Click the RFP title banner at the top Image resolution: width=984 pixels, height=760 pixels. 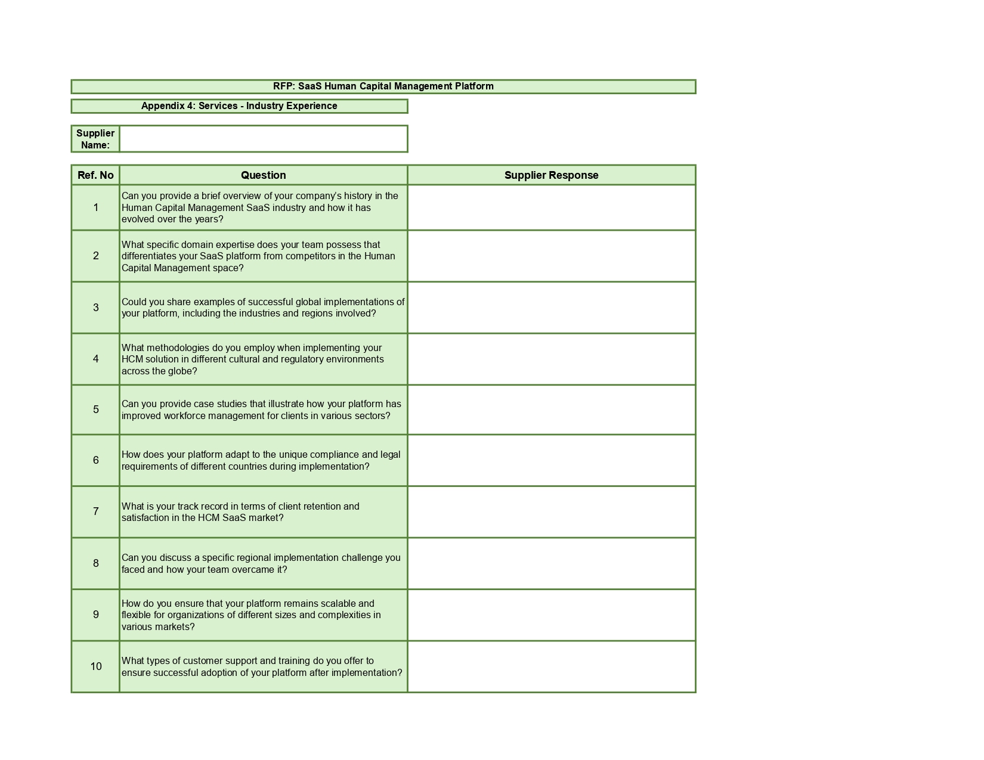click(383, 86)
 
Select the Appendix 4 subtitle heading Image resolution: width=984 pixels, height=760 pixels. click(239, 106)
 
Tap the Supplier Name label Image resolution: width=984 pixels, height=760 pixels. click(95, 139)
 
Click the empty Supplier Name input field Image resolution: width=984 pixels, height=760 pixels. click(263, 139)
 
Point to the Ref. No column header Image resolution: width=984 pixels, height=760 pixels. click(95, 175)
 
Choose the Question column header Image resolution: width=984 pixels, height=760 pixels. click(263, 175)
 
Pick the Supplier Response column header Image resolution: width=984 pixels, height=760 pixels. click(551, 175)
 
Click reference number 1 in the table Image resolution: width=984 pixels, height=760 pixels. click(95, 207)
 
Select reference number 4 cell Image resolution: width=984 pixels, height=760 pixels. click(95, 359)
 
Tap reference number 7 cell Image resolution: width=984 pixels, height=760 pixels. click(95, 511)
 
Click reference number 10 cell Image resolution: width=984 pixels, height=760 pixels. click(95, 666)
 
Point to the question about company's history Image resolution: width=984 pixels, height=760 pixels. click(260, 207)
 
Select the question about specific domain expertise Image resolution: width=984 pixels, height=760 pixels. click(258, 256)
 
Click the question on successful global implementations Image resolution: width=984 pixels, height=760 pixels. click(262, 308)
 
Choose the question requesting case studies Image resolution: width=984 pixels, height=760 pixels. click(261, 410)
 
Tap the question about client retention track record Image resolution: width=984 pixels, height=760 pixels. click(240, 512)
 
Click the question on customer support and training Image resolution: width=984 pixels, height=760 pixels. click(262, 666)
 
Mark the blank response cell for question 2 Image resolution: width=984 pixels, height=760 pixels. click(551, 256)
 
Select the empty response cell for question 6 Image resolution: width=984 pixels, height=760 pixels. click(551, 460)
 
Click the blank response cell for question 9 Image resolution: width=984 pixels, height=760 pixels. click(551, 615)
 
